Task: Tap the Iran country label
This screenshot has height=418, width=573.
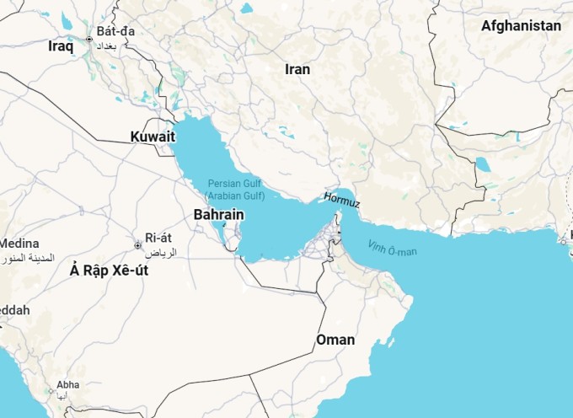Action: coord(297,69)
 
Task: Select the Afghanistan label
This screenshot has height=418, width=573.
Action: coord(521,26)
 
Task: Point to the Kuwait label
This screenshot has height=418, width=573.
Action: coord(153,137)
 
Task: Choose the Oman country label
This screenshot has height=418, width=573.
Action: coord(335,340)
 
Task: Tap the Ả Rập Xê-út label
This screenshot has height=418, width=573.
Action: coord(109,270)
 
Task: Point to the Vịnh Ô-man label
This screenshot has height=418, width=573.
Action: coord(392,248)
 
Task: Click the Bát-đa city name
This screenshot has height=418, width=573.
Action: coord(115,31)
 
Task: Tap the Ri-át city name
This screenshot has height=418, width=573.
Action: coord(158,238)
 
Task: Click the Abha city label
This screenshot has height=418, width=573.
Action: coord(67,385)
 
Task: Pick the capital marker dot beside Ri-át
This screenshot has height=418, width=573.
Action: coord(137,245)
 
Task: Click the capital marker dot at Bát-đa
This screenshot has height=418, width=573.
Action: coord(89,39)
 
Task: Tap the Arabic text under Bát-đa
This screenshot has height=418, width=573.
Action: coord(115,46)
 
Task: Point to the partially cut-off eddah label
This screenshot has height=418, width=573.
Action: coord(15,310)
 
